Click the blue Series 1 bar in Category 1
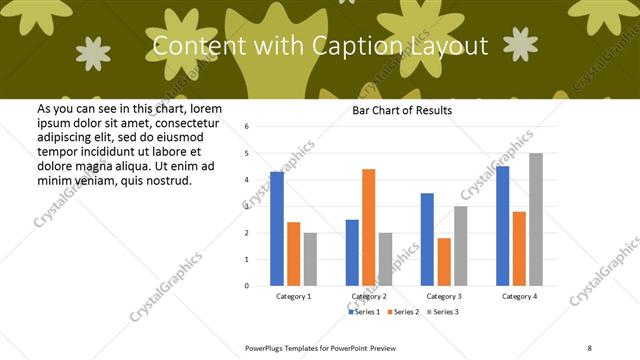tap(277, 229)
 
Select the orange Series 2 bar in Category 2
tap(368, 227)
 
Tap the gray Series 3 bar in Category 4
tap(536, 219)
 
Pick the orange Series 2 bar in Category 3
tap(444, 262)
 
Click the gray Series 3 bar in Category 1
tap(310, 259)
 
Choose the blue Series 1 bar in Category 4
tap(502, 226)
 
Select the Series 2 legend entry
tap(403, 312)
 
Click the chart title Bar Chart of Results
tap(402, 111)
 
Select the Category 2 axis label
tap(368, 297)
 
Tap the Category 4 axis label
tap(519, 297)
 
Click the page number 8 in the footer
tap(588, 347)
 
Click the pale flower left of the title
tap(94, 54)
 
